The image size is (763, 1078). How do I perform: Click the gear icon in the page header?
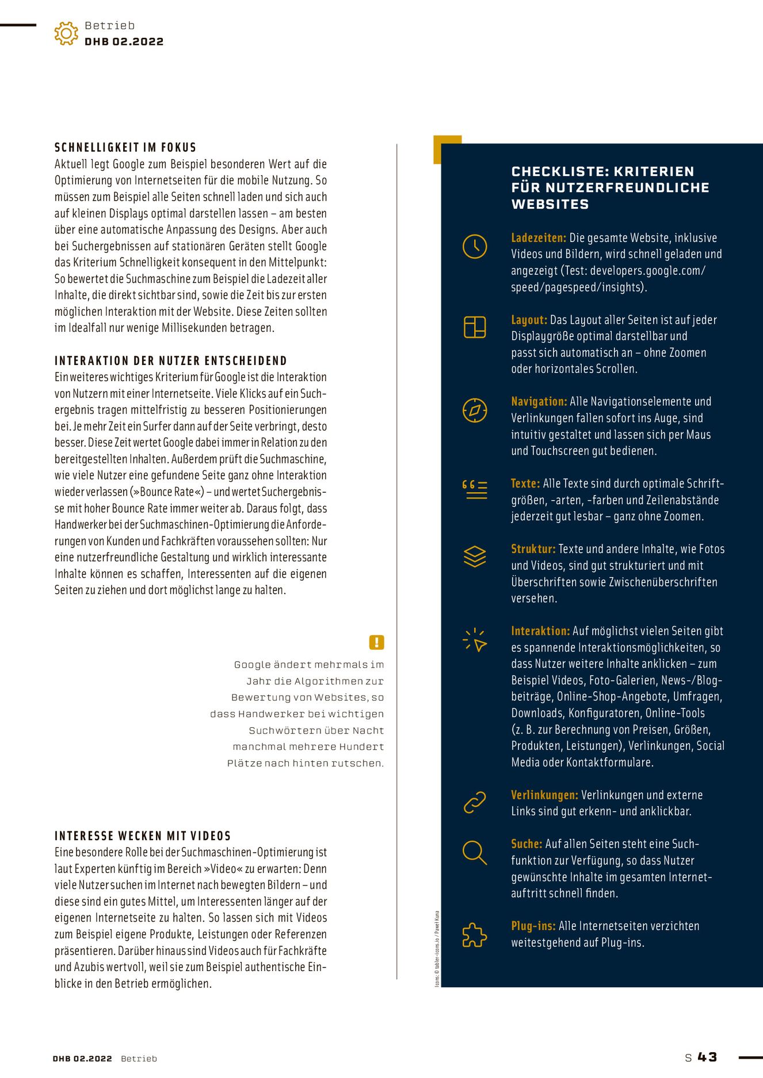pos(66,33)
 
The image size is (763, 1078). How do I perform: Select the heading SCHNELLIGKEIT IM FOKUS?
pos(125,148)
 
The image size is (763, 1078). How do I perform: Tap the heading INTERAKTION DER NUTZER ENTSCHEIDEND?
pos(170,361)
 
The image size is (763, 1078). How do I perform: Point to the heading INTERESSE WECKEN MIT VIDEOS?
pos(143,836)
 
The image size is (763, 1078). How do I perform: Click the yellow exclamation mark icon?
pos(376,642)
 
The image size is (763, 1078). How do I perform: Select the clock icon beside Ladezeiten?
pos(475,246)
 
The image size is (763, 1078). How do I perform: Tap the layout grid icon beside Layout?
pos(475,327)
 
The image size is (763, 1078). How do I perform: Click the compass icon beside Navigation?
pos(475,410)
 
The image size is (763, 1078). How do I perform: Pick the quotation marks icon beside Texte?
pos(475,489)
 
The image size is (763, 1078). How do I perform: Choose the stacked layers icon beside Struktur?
pos(475,556)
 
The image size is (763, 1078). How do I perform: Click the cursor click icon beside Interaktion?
pos(475,640)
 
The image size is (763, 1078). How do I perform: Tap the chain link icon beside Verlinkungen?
pos(475,803)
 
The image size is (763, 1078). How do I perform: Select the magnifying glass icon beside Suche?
pos(475,852)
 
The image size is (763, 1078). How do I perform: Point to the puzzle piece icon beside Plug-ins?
pos(475,935)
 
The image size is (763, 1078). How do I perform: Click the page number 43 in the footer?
pos(707,1057)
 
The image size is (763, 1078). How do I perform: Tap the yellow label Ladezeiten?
pos(539,238)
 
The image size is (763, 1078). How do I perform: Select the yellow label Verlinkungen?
pos(544,795)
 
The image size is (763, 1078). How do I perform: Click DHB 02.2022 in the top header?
pos(124,42)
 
